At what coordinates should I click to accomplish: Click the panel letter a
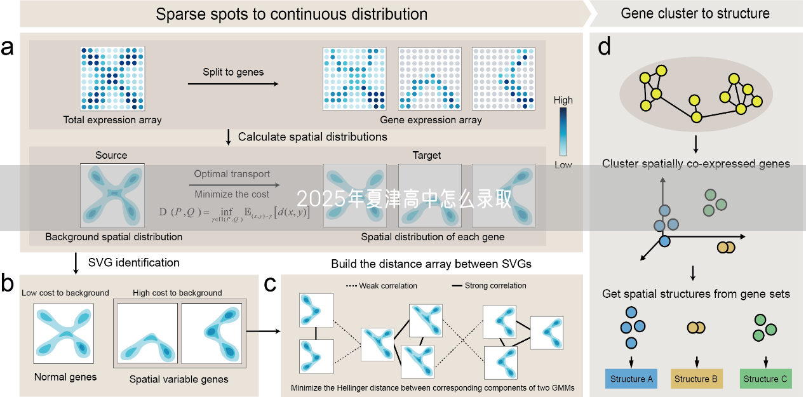[x=8, y=48]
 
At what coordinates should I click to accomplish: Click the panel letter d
[x=604, y=46]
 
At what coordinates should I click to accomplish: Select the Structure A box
[x=631, y=379]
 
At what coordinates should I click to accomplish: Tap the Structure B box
[x=696, y=379]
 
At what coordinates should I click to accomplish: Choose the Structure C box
[x=765, y=379]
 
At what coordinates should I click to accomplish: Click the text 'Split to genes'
[x=233, y=72]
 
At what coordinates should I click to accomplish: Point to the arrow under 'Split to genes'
[x=233, y=84]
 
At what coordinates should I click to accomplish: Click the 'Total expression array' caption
[x=112, y=119]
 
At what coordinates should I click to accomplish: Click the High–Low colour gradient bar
[x=563, y=131]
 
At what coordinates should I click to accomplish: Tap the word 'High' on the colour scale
[x=563, y=100]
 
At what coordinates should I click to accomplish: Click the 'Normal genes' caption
[x=65, y=377]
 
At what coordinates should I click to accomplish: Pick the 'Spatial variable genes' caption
[x=178, y=379]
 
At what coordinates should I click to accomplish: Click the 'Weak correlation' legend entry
[x=381, y=286]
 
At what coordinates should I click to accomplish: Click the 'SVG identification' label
[x=133, y=262]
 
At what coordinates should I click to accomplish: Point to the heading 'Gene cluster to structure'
[x=695, y=13]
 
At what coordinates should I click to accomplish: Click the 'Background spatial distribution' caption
[x=114, y=237]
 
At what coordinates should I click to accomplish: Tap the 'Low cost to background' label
[x=65, y=293]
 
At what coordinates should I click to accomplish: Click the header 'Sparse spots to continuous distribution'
[x=292, y=14]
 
